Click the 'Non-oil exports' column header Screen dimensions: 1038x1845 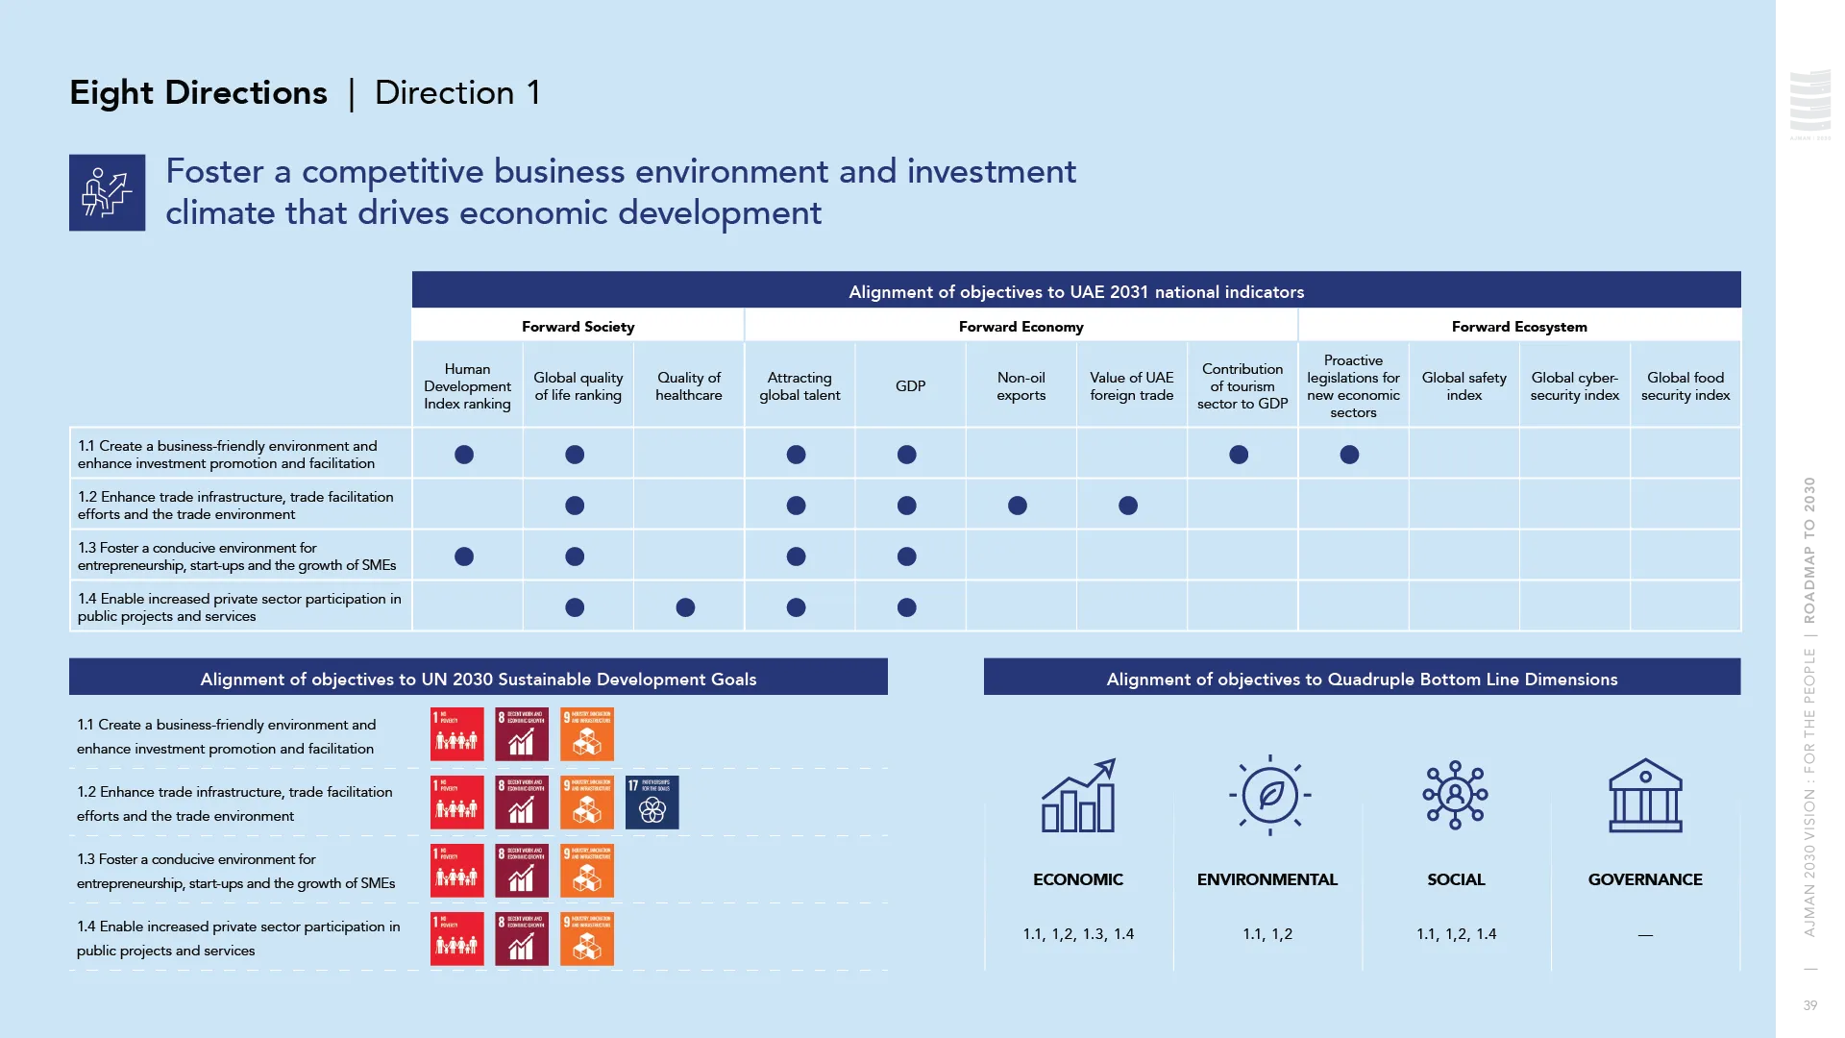tap(1021, 386)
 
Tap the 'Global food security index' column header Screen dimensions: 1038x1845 tap(1685, 386)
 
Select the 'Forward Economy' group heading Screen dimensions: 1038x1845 tap(1021, 327)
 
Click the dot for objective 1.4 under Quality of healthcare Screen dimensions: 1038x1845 tap(685, 607)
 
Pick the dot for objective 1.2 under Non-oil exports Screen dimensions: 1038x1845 tap(1018, 506)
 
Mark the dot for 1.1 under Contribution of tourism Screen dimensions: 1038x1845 tap(1239, 455)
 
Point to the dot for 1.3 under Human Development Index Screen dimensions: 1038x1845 tap(464, 556)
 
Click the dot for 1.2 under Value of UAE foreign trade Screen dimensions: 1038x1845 tap(1128, 506)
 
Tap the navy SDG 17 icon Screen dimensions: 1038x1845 tap(652, 803)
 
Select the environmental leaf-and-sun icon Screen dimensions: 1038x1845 tap(1269, 795)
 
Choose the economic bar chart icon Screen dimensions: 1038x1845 tap(1078, 796)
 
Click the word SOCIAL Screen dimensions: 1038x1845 tap(1456, 879)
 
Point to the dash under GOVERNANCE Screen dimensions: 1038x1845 tap(1645, 935)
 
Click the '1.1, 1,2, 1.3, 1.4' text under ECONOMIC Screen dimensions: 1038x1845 tap(1078, 934)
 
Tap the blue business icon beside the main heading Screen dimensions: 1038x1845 tap(107, 192)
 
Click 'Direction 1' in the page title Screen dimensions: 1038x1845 tap(457, 92)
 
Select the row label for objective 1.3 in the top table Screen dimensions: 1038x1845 tap(236, 556)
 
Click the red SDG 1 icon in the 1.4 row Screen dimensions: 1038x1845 tap(456, 939)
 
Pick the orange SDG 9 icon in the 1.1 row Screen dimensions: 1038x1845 tap(586, 734)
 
